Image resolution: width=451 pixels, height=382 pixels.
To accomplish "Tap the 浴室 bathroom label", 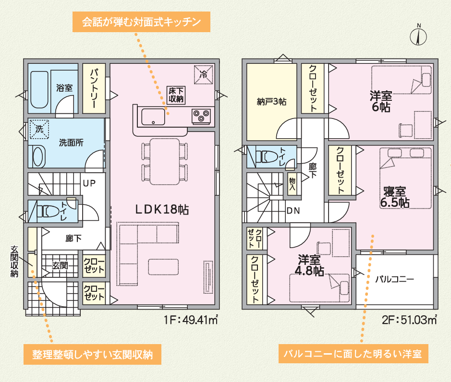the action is pyautogui.click(x=64, y=88).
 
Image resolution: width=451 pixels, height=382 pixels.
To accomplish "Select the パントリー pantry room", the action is pyautogui.click(x=94, y=88).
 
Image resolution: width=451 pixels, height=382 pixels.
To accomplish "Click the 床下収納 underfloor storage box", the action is pyautogui.click(x=176, y=95).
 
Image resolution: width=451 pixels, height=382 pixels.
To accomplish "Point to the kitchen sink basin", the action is pyautogui.click(x=153, y=117).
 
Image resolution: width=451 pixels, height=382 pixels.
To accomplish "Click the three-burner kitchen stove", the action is pyautogui.click(x=201, y=116).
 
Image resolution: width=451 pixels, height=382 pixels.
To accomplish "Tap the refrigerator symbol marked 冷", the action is pyautogui.click(x=204, y=75).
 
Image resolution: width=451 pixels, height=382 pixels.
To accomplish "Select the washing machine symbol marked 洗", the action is pyautogui.click(x=39, y=129).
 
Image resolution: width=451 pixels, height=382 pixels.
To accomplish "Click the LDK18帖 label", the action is pyautogui.click(x=162, y=210).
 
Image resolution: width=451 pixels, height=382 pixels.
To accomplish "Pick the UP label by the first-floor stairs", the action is pyautogui.click(x=89, y=183).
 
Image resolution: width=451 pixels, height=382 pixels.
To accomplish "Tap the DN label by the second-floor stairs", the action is pyautogui.click(x=293, y=211).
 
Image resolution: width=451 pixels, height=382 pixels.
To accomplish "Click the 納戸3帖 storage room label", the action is pyautogui.click(x=271, y=101).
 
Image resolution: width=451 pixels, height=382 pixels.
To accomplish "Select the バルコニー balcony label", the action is pyautogui.click(x=395, y=279).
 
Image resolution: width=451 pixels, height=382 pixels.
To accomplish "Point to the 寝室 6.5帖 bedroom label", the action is pyautogui.click(x=395, y=197).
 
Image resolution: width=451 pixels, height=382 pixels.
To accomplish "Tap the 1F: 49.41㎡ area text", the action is pyautogui.click(x=191, y=320).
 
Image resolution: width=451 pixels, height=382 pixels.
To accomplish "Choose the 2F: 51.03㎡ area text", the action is pyautogui.click(x=410, y=320).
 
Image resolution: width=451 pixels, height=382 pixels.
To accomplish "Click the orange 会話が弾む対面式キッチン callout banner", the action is pyautogui.click(x=141, y=22).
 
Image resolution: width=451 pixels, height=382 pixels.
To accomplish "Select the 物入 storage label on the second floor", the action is pyautogui.click(x=292, y=184).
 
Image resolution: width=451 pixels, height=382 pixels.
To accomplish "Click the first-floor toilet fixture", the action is pyautogui.click(x=48, y=211).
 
